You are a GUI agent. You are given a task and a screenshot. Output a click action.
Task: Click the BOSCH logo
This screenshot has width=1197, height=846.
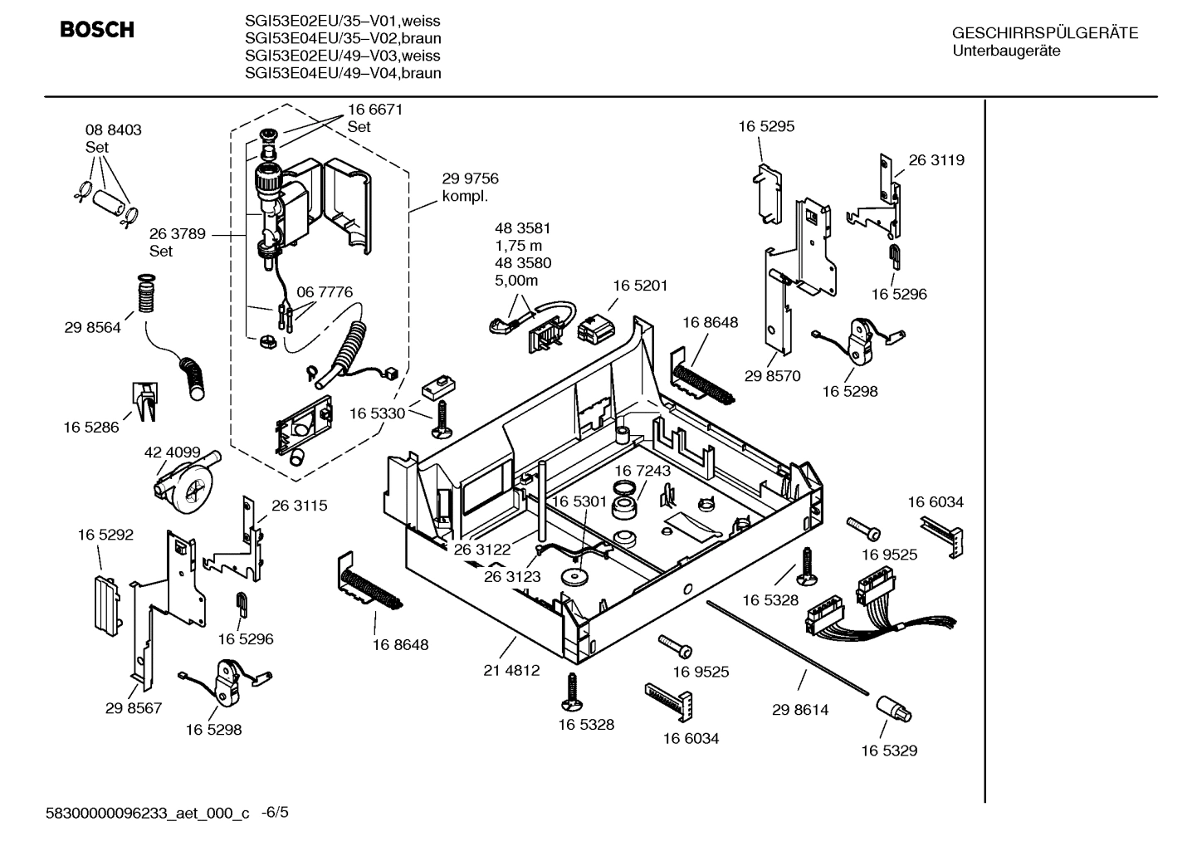tap(96, 30)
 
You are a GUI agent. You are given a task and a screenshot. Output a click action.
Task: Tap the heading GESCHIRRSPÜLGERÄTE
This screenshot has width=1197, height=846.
tap(1044, 33)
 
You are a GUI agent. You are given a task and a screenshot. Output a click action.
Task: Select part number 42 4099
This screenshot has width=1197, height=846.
tap(172, 452)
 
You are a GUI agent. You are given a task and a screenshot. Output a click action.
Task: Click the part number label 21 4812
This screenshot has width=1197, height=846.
tap(511, 670)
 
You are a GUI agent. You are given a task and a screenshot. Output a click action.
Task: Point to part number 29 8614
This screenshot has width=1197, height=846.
tap(799, 710)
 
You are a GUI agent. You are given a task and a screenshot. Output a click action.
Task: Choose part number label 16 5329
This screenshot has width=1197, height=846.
tap(888, 751)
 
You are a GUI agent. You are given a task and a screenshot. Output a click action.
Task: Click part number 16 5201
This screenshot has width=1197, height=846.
tap(640, 285)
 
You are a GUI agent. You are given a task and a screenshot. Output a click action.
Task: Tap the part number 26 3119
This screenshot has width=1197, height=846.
tap(936, 159)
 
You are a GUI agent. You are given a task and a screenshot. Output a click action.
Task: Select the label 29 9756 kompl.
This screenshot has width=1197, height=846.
tap(470, 187)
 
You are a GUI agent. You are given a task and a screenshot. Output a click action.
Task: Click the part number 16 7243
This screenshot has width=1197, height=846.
tap(642, 471)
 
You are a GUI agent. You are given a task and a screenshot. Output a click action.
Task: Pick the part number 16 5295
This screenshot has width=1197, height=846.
tap(766, 126)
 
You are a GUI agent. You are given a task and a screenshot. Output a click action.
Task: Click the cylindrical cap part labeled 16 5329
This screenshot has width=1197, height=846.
tap(892, 709)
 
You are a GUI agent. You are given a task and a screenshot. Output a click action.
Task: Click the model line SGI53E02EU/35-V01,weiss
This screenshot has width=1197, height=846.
tap(343, 21)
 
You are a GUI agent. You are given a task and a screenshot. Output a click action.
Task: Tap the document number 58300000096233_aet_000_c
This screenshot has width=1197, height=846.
tap(147, 814)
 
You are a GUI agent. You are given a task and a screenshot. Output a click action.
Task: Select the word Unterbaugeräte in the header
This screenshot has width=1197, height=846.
tap(1005, 51)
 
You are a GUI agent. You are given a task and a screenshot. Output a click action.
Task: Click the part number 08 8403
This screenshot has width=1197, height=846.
tap(113, 130)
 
